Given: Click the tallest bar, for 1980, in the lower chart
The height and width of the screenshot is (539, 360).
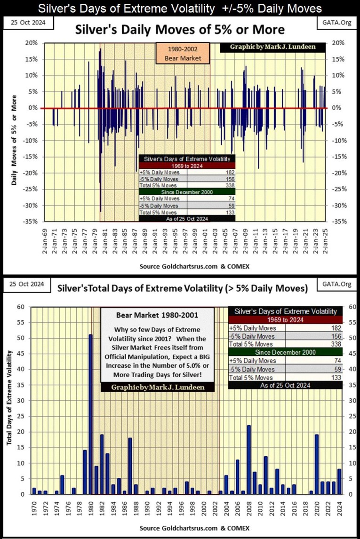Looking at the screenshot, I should click(x=90, y=414).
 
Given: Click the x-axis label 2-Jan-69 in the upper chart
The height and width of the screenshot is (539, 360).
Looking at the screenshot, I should click(x=45, y=240).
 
